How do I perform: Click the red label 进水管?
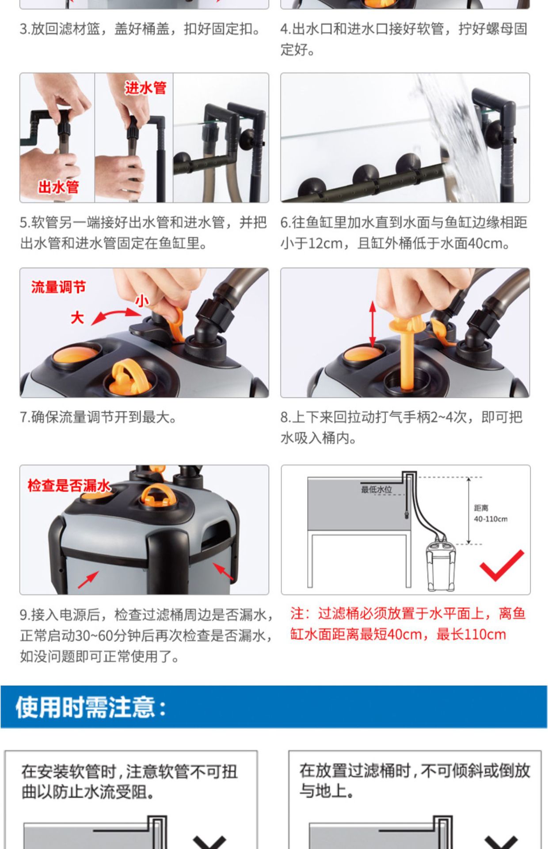pyautogui.click(x=145, y=88)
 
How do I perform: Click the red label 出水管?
pyautogui.click(x=58, y=187)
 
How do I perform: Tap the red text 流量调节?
pyautogui.click(x=58, y=287)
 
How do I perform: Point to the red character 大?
pyautogui.click(x=77, y=317)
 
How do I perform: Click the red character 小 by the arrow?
pyautogui.click(x=141, y=301)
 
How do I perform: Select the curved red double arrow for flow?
pyautogui.click(x=115, y=316)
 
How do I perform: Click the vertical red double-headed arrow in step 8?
pyautogui.click(x=372, y=324)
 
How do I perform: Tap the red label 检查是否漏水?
pyautogui.click(x=68, y=486)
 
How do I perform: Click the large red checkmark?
pyautogui.click(x=501, y=566)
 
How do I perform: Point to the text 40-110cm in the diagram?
pyautogui.click(x=491, y=519)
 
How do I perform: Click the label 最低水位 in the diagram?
pyautogui.click(x=377, y=490)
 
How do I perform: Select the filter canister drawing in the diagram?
pyautogui.click(x=440, y=566)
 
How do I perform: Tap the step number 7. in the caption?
pyautogui.click(x=25, y=417)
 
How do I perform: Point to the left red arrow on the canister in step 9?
pyautogui.click(x=88, y=580)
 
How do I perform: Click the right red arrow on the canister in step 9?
pyautogui.click(x=223, y=571)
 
